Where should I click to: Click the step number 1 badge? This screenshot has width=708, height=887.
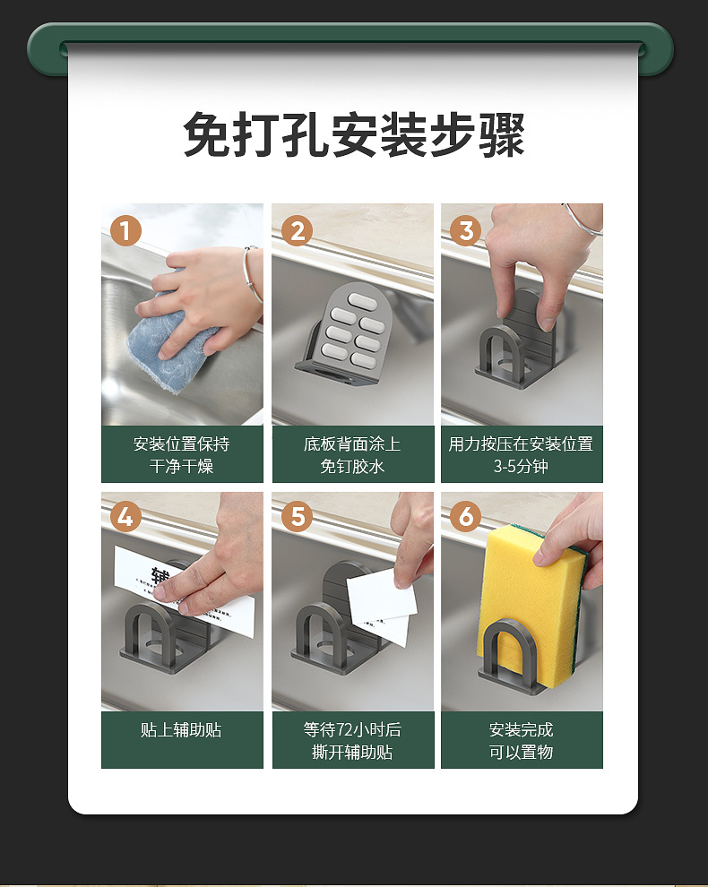coord(125,231)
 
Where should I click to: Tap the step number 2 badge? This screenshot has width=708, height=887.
coord(297,231)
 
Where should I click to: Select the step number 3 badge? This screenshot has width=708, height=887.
coord(466,231)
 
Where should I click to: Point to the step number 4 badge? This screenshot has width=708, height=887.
coord(125,516)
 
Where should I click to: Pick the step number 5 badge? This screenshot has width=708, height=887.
coord(297,516)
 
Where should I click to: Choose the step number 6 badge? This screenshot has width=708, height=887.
coord(466,516)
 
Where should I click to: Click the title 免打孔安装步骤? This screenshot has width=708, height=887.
coord(354,134)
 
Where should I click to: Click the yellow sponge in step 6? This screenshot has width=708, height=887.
coord(529,606)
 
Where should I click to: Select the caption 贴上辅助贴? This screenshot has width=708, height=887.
coord(181,729)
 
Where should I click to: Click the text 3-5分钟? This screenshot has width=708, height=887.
coord(521,466)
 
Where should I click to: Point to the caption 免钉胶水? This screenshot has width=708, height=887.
coord(352,466)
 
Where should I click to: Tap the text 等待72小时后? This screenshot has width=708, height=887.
coord(352,729)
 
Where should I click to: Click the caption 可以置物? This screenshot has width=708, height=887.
coord(521,753)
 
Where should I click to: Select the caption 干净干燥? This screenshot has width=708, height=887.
coord(181,466)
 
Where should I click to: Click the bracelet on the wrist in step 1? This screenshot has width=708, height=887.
coord(253,274)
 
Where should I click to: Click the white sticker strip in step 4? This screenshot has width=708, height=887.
coord(184,591)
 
